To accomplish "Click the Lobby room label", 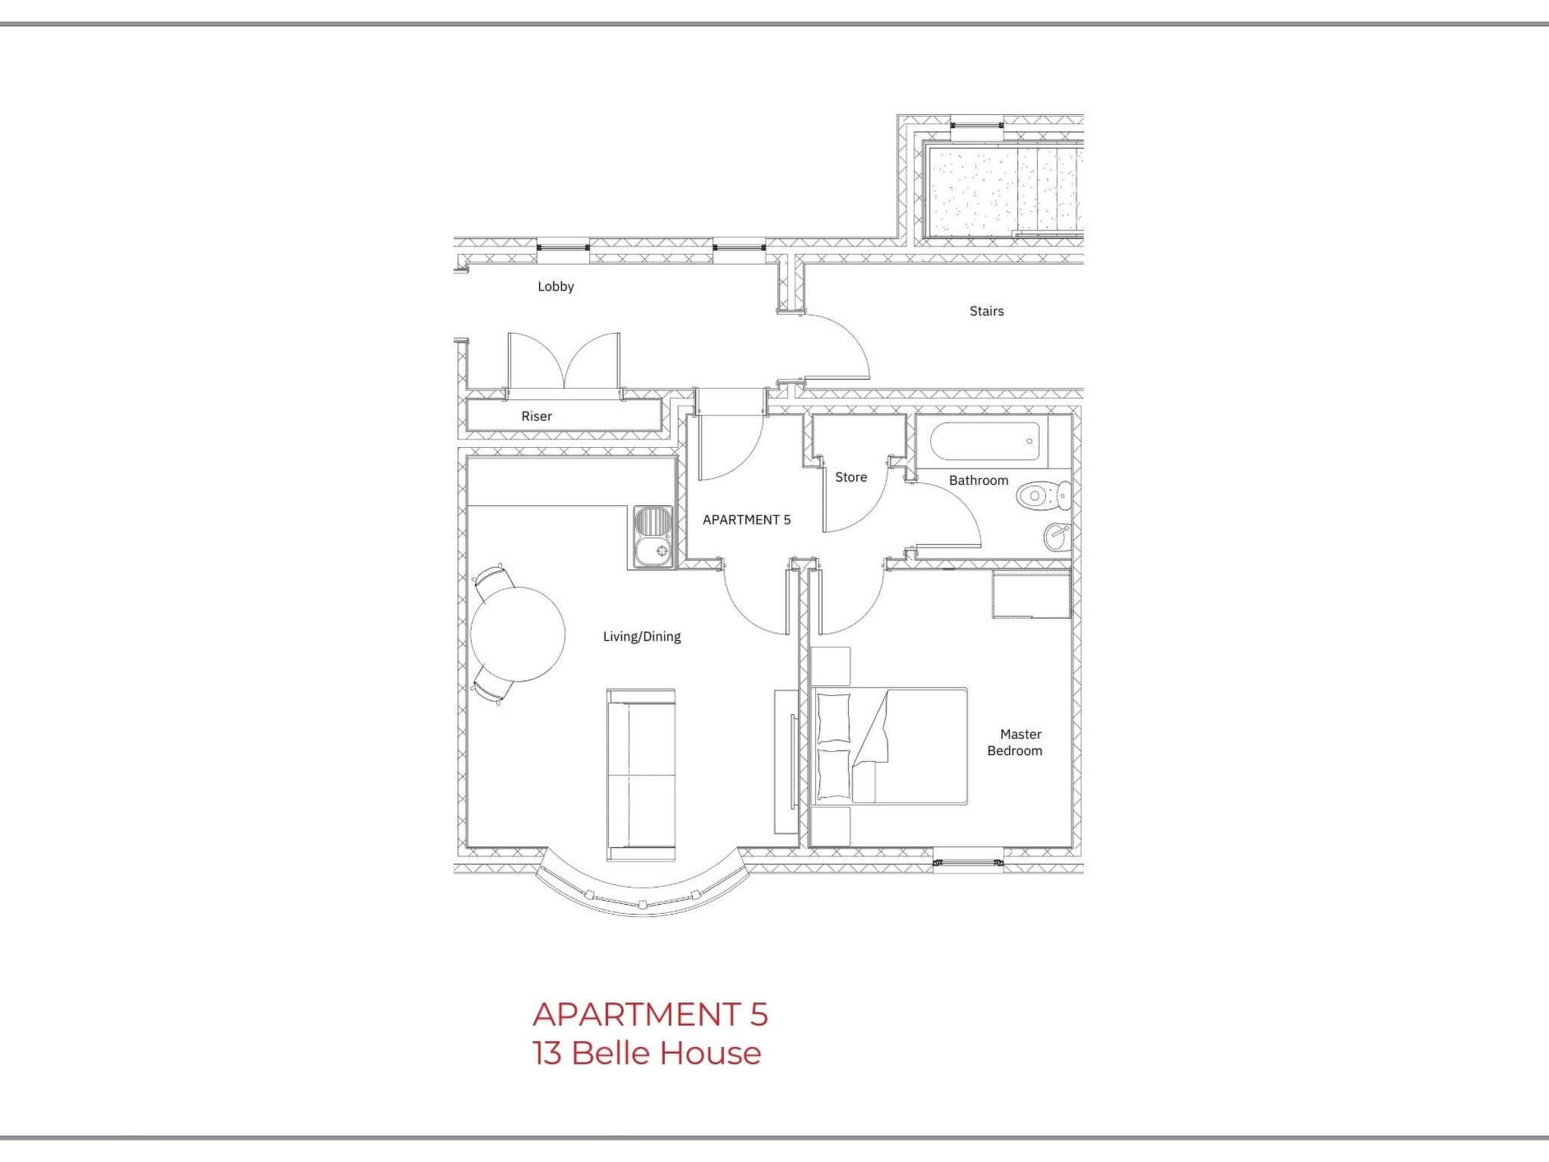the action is pos(556,287).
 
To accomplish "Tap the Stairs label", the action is pos(986,311).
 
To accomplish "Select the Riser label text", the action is pos(536,416).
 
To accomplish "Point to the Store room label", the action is pos(851,477).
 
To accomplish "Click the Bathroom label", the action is pos(979,480).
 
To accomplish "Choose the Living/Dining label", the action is pos(641,637).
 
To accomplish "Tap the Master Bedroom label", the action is pos(1015,742).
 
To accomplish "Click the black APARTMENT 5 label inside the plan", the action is pos(747,520).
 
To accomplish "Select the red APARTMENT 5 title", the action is pos(650,1014).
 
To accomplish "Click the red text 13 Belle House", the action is pos(647,1053).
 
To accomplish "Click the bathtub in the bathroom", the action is pos(985,441).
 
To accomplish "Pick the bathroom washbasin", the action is pos(1057,536).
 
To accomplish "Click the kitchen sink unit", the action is pos(653,537).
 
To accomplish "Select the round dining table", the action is pos(518,634).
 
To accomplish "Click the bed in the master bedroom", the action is pos(889,745).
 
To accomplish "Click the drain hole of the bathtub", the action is pos(1029,441).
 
